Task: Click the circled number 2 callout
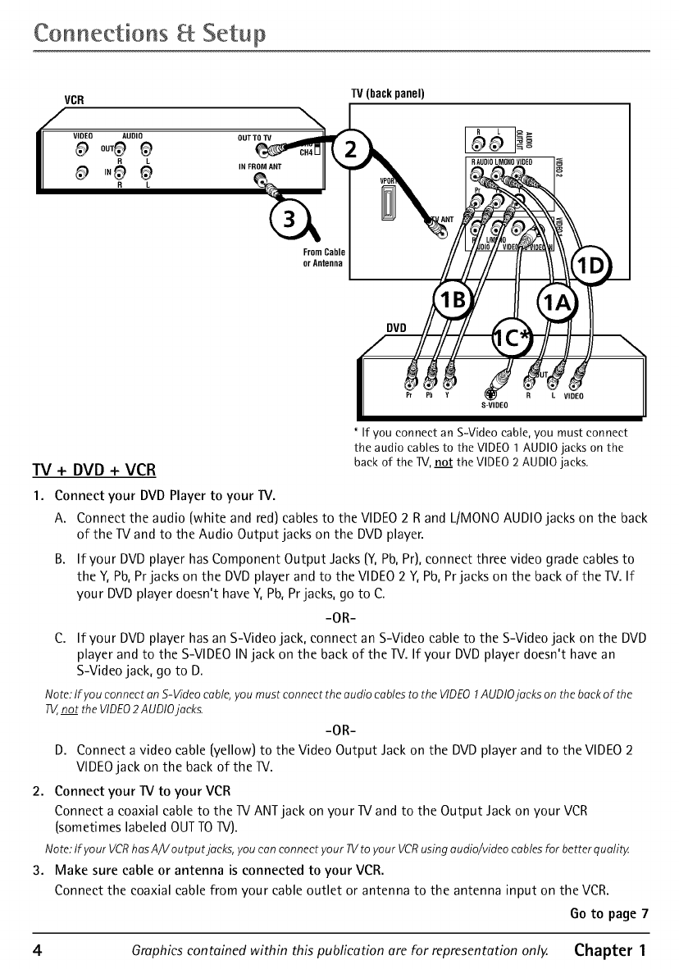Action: pyautogui.click(x=350, y=151)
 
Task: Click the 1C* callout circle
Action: pyautogui.click(x=511, y=339)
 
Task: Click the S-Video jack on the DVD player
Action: pyautogui.click(x=494, y=380)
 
